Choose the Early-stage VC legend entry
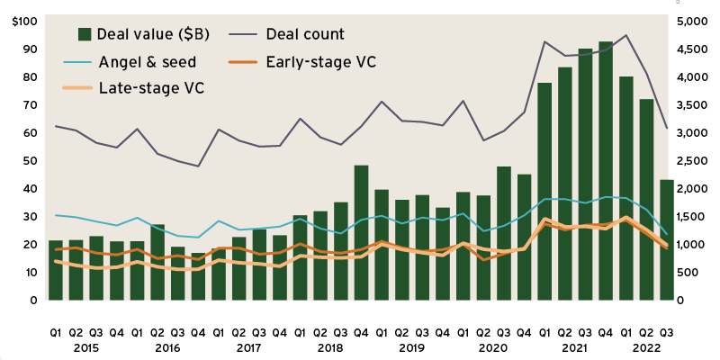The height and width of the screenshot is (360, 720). click(x=321, y=61)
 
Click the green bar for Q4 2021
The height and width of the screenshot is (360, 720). click(x=606, y=171)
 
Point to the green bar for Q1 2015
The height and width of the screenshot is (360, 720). click(x=56, y=270)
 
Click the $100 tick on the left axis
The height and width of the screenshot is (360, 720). click(x=25, y=22)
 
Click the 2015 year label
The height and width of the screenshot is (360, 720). click(x=86, y=346)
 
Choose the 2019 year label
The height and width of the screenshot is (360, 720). click(x=411, y=346)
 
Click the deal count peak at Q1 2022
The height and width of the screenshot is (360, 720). click(x=625, y=35)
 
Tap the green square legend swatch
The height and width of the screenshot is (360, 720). click(x=85, y=34)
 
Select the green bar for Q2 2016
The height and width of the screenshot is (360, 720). click(x=157, y=262)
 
